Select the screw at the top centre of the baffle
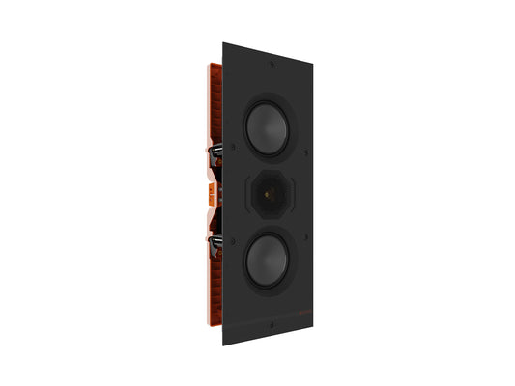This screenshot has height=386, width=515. pyautogui.click(x=272, y=66)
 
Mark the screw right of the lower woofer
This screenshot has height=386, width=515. pyautogui.click(x=304, y=234)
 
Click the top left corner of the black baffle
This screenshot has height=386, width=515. pyautogui.click(x=224, y=42)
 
